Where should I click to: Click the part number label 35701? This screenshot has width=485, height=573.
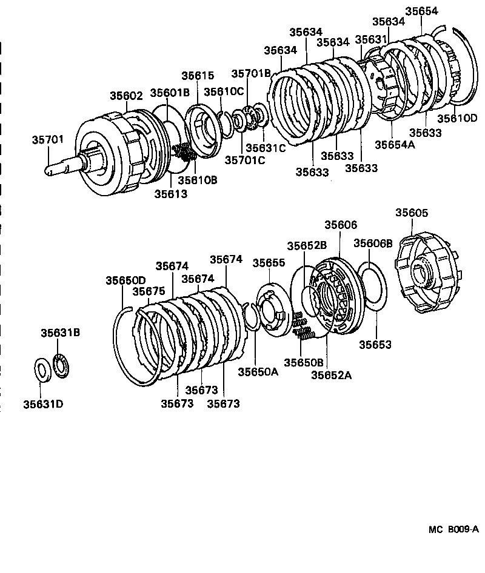(47, 139)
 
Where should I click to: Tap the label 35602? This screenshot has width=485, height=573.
(126, 95)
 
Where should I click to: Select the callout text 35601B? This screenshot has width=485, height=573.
(170, 93)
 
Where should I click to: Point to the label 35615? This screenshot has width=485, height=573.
(198, 75)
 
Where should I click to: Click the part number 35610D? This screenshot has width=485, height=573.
(458, 118)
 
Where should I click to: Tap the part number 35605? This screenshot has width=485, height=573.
(412, 213)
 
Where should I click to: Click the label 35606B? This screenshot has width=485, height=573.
(373, 243)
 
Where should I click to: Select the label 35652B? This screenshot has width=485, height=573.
(307, 245)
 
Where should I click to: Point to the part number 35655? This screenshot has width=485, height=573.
(269, 262)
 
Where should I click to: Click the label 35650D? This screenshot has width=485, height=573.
(125, 280)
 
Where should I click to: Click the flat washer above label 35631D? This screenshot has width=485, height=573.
(42, 370)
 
